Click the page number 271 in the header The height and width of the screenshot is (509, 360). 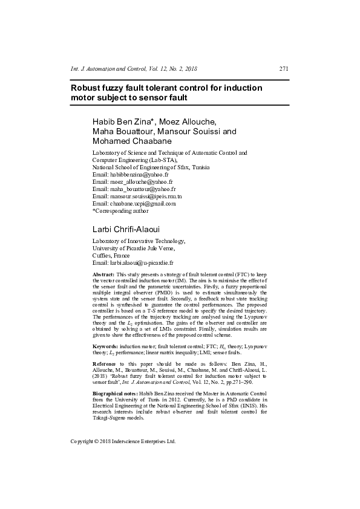284,70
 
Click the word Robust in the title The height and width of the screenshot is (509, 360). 87,88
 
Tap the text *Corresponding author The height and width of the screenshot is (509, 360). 120,211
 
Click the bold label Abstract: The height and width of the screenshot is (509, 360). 103,275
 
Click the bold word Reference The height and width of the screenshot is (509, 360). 104,363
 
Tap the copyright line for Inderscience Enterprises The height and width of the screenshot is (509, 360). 123,441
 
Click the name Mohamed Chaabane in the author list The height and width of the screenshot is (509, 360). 133,141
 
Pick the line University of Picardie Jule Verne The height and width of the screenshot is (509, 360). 133,248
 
